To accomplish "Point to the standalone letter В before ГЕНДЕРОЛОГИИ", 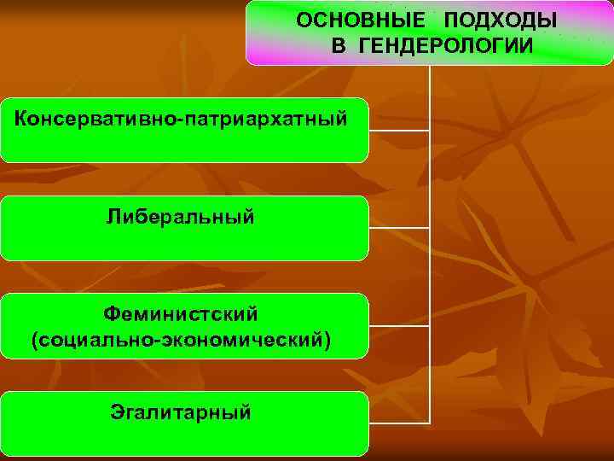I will click(339, 44).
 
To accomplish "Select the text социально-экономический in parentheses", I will click(180, 340).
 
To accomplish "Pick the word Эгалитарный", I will click(181, 413).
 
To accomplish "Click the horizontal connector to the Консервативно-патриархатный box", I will click(399, 131).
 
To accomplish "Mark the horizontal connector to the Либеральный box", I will click(399, 228).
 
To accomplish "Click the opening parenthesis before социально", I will click(34, 340).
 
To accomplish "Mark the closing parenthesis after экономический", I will click(327, 340).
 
